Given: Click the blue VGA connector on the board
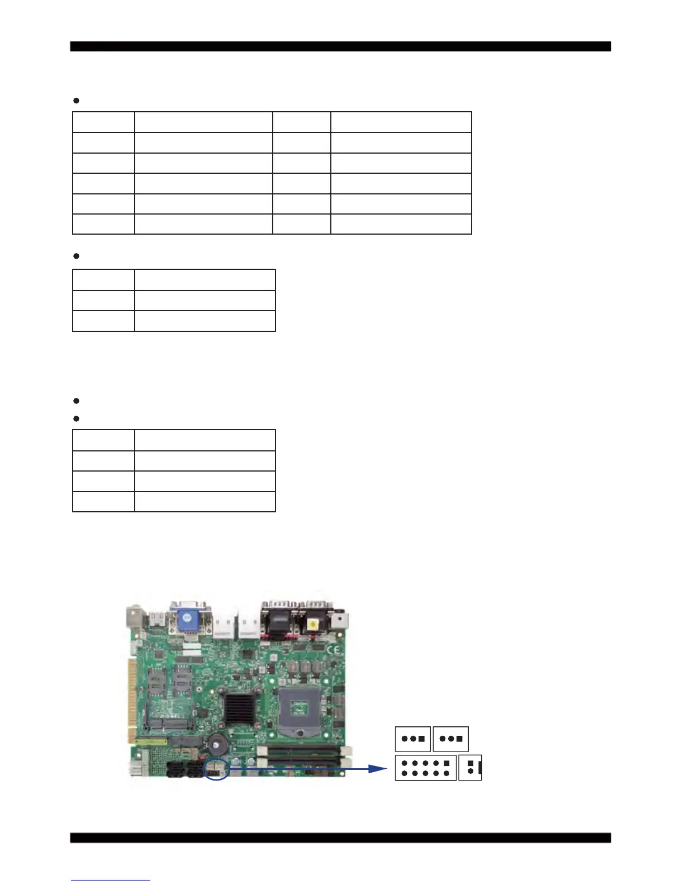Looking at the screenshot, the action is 188,618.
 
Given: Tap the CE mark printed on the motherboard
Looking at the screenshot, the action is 333,650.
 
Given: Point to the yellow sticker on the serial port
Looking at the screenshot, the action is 315,624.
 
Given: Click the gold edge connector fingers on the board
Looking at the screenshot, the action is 132,693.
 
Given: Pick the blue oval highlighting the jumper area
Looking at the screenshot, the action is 216,769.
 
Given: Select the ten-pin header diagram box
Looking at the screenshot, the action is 425,768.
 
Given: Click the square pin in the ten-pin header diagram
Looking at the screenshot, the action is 446,763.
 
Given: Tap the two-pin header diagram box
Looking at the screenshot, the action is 470,768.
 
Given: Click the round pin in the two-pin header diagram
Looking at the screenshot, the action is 471,772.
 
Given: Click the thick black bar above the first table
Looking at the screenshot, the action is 340,46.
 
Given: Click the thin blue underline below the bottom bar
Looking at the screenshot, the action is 111,880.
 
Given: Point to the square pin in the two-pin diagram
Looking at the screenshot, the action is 471,763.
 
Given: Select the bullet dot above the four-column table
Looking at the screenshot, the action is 77,101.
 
